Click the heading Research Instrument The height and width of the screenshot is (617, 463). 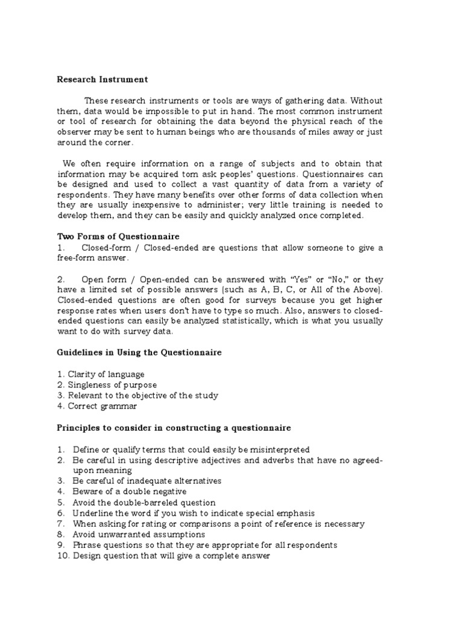click(x=102, y=79)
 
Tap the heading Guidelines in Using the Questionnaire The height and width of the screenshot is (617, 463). click(x=139, y=352)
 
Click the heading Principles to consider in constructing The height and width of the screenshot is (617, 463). click(x=174, y=428)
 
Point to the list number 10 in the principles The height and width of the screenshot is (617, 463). click(x=62, y=556)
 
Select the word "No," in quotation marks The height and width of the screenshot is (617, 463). click(x=336, y=280)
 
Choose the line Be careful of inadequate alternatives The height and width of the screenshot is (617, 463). click(x=147, y=481)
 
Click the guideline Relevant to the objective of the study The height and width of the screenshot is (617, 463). click(x=143, y=395)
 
